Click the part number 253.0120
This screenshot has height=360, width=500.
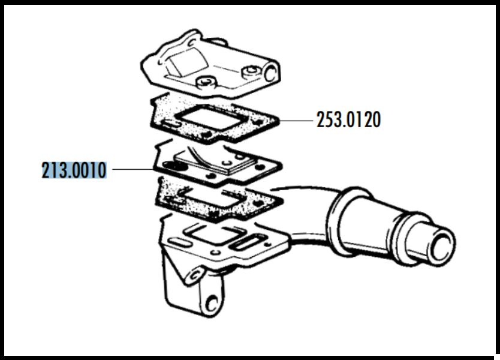click(x=348, y=120)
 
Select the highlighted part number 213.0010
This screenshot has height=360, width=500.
click(x=74, y=170)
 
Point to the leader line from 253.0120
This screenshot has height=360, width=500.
click(x=296, y=121)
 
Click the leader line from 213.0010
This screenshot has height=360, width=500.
click(x=133, y=169)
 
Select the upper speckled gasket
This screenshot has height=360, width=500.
click(x=214, y=119)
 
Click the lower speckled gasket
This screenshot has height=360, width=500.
click(x=218, y=199)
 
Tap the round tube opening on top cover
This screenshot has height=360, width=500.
click(x=270, y=73)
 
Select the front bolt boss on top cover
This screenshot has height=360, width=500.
click(x=206, y=82)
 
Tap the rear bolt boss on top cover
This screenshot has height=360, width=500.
click(x=252, y=72)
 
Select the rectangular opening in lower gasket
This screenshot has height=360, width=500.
click(x=214, y=198)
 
